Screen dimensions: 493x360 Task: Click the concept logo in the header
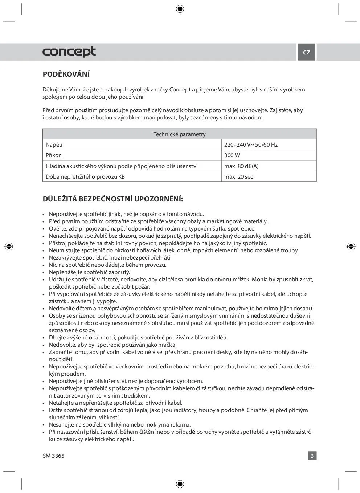pyautogui.click(x=69, y=52)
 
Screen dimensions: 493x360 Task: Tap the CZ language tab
pyautogui.click(x=307, y=52)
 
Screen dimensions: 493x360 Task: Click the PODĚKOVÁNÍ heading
pyautogui.click(x=66, y=74)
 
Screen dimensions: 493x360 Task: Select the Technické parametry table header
pyautogui.click(x=179, y=134)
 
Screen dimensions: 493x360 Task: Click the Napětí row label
pyautogui.click(x=54, y=145)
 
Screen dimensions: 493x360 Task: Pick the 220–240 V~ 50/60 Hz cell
pyautogui.click(x=251, y=145)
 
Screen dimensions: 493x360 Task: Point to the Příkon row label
pyautogui.click(x=54, y=155)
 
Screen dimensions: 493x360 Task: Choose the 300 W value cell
pyautogui.click(x=232, y=155)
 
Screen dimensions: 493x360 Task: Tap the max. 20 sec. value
pyautogui.click(x=240, y=177)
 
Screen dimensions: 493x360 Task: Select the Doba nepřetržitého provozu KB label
pyautogui.click(x=85, y=177)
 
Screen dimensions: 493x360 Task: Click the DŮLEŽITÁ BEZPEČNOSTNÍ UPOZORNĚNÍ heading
pyautogui.click(x=113, y=199)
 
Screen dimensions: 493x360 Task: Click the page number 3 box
pyautogui.click(x=312, y=456)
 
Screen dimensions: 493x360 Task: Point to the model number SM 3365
pyautogui.click(x=53, y=456)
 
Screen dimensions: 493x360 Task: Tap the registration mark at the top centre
pyautogui.click(x=180, y=9)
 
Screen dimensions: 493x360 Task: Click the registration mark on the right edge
pyautogui.click(x=351, y=246)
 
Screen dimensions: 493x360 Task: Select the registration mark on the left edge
pyautogui.click(x=9, y=246)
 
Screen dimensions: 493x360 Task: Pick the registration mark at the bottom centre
pyautogui.click(x=180, y=484)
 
